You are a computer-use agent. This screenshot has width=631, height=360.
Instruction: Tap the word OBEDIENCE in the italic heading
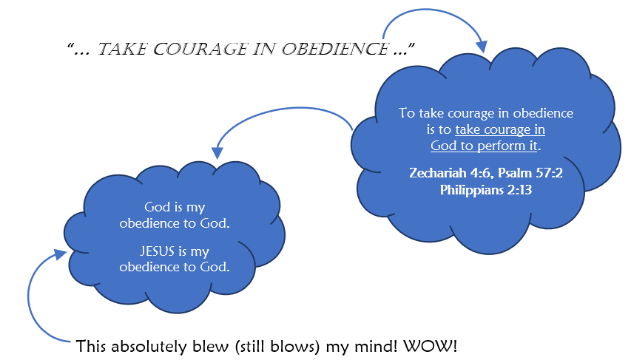(x=335, y=49)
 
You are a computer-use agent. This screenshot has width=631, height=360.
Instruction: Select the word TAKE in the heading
(x=122, y=49)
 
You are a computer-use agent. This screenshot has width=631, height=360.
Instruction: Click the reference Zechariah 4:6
(x=450, y=173)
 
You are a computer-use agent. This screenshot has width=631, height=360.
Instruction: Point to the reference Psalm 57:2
(x=530, y=173)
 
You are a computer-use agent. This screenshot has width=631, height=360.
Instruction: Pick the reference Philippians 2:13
(x=486, y=190)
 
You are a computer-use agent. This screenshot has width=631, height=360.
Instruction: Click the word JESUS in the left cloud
(x=158, y=251)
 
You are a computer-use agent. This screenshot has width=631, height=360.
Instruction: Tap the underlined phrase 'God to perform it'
(x=484, y=146)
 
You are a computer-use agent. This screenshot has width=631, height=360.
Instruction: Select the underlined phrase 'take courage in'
(x=500, y=129)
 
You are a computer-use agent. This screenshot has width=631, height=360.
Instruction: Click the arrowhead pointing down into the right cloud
(x=481, y=47)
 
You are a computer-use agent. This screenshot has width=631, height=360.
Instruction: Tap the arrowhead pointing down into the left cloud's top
(x=217, y=152)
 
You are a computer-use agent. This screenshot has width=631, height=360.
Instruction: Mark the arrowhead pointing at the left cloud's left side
(x=61, y=254)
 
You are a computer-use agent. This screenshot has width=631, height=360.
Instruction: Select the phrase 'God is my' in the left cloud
(x=175, y=207)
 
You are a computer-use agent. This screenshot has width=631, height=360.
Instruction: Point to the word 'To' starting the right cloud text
(x=406, y=113)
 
